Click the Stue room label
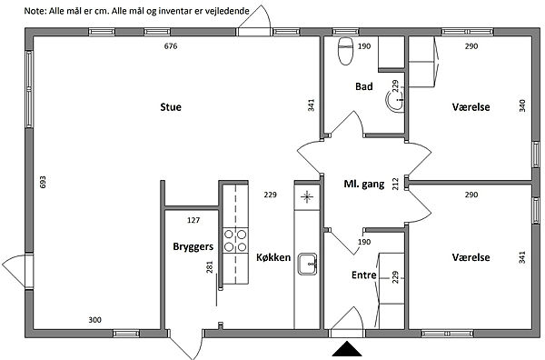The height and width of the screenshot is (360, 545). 171,106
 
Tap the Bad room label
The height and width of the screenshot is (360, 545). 364,86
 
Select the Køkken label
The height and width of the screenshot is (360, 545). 273,257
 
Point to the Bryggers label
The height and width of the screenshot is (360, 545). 193,246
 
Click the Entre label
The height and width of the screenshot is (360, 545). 364,275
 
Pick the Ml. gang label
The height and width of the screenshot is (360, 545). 364,184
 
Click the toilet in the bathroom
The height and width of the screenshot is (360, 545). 345,51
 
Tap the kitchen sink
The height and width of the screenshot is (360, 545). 307,264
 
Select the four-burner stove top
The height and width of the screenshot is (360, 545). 235,240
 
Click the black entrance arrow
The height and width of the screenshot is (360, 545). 347,349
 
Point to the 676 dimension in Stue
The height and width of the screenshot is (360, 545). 171,46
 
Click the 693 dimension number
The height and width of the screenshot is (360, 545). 43,182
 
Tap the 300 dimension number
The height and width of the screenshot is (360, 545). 94,320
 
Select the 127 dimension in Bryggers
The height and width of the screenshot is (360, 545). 193,220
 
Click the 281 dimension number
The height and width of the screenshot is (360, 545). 209,266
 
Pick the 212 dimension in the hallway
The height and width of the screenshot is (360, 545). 395,184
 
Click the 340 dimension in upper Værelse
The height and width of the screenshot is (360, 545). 522,105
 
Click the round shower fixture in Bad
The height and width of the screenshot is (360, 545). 394,100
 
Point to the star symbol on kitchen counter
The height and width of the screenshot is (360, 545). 307,197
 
